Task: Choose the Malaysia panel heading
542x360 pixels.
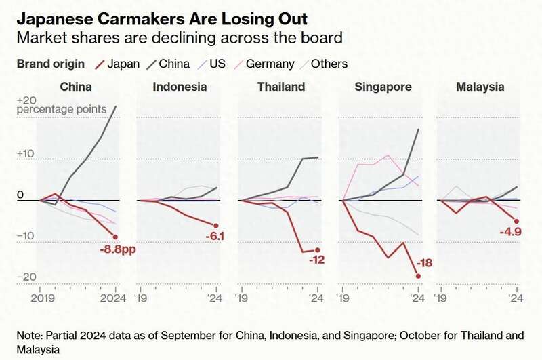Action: [x=480, y=87]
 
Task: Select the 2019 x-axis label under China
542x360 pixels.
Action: [x=41, y=296]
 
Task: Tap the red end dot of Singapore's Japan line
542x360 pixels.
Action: [x=418, y=276]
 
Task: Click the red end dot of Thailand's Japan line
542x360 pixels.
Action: [x=317, y=250]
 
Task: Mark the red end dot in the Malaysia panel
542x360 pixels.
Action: [x=517, y=221]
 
